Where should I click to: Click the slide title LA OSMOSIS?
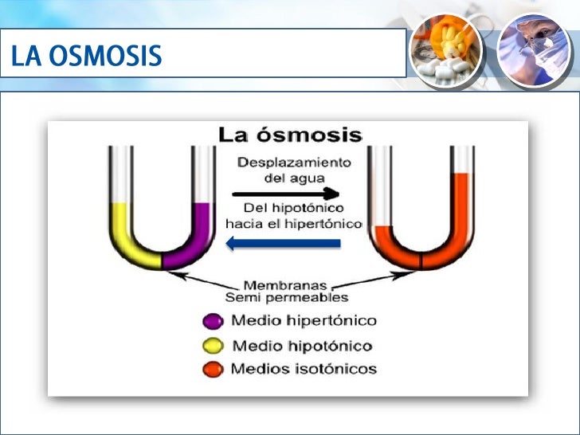(87, 56)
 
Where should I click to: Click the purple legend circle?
(213, 322)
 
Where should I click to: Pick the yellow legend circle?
(213, 346)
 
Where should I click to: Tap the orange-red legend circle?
(213, 369)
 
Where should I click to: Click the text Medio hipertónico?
(303, 321)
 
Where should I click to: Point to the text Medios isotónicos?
(303, 369)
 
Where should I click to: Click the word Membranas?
(286, 285)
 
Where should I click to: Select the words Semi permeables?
(286, 298)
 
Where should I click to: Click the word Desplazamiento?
(294, 162)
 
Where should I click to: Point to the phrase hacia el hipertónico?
(294, 224)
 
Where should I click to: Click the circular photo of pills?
(445, 49)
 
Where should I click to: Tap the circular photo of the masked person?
(534, 49)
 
